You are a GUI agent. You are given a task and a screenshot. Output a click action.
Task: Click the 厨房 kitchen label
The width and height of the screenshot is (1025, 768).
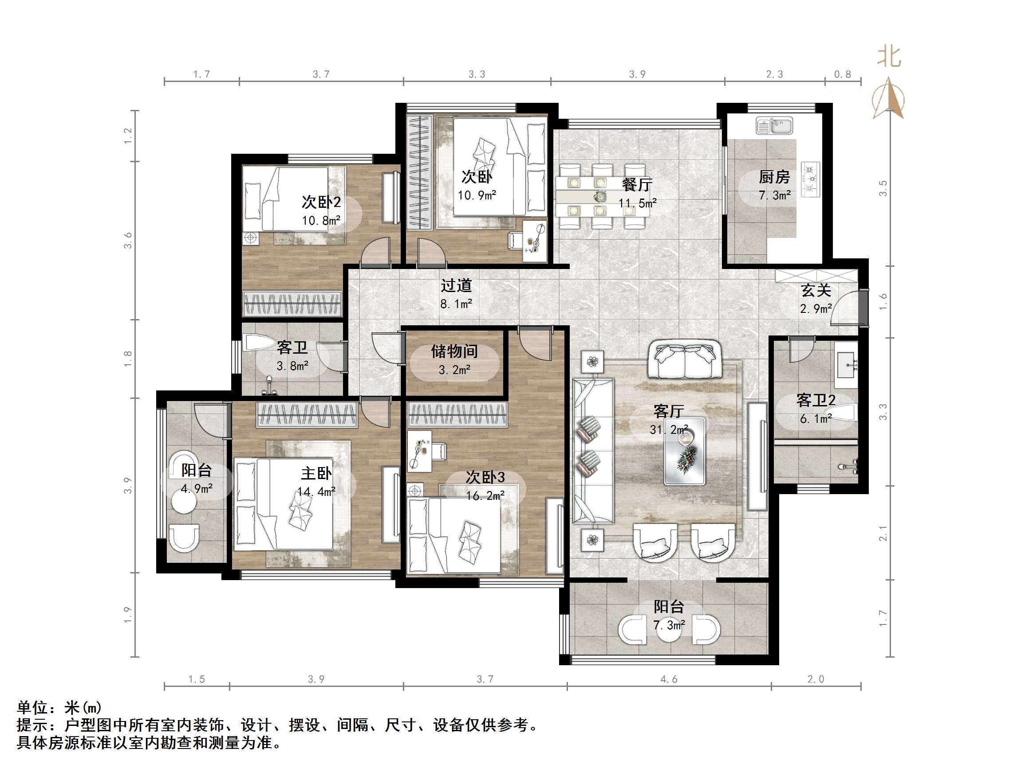tap(774, 177)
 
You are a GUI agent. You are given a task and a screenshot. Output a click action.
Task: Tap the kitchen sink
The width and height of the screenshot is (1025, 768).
tap(774, 125)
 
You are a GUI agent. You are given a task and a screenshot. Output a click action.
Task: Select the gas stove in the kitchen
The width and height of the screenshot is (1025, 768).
tap(810, 179)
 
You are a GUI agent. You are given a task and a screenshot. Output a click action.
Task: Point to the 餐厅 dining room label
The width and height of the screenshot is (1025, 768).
tap(637, 185)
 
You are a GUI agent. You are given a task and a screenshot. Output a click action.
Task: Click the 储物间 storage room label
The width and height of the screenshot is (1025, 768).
tap(454, 351)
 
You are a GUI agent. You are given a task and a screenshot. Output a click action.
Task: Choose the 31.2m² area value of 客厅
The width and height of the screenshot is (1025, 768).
tap(669, 429)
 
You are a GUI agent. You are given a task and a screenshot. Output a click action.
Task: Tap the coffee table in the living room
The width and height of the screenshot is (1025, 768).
tap(685, 451)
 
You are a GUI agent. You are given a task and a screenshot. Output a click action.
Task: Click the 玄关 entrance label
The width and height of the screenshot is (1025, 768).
tap(816, 290)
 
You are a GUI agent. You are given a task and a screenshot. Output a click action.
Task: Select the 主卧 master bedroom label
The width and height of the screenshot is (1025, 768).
tap(316, 473)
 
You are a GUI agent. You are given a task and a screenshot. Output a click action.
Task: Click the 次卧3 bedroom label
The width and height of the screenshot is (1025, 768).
tap(485, 477)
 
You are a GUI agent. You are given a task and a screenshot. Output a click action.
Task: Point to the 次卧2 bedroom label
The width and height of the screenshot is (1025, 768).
tap(321, 202)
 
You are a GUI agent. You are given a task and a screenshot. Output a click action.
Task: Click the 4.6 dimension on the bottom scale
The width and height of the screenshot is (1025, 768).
tap(669, 679)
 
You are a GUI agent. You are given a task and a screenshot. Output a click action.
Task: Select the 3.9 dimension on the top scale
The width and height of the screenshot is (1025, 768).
tap(637, 74)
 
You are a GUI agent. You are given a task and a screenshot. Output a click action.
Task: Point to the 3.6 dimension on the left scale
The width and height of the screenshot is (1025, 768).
tap(128, 241)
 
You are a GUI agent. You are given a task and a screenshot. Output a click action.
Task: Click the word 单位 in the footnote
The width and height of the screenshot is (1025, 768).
tap(32, 708)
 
